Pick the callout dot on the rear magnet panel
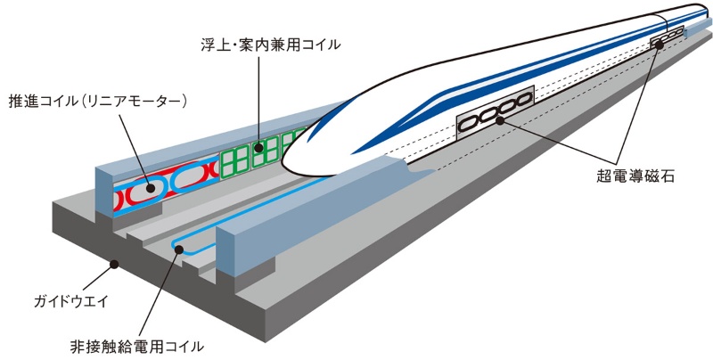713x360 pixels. coord(661,43)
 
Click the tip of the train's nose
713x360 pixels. coord(283,165)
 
